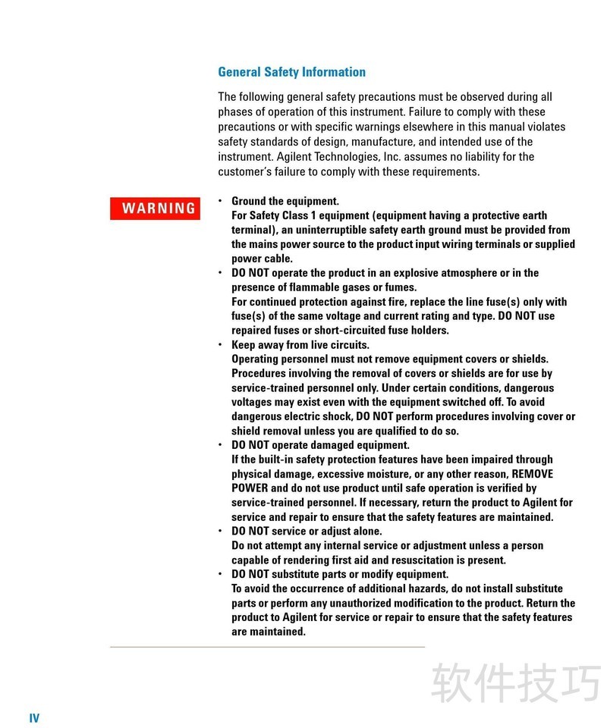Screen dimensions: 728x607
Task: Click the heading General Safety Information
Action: (x=291, y=72)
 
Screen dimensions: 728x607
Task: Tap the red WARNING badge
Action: (x=155, y=209)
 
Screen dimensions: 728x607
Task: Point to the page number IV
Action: (x=34, y=718)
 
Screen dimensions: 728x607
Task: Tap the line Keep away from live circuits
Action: (x=300, y=345)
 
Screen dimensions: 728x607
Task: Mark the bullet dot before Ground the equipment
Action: (x=220, y=201)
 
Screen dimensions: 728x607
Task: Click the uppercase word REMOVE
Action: (x=527, y=474)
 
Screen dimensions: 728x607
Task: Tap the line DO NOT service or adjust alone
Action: (x=307, y=532)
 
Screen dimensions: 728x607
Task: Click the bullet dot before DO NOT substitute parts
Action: (x=220, y=574)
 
